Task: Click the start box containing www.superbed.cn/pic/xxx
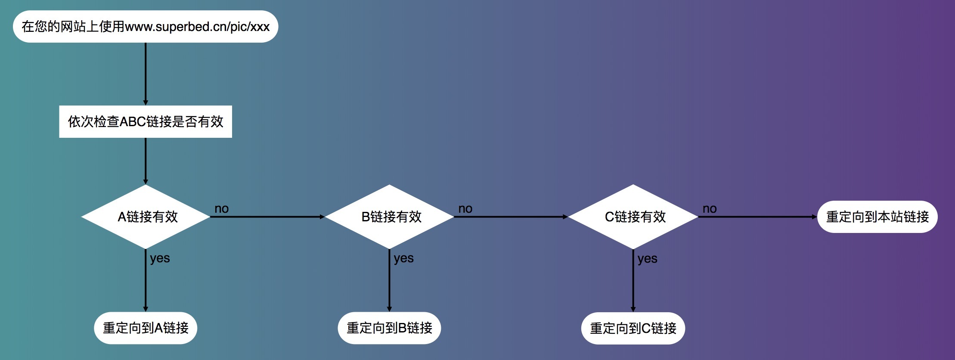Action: (x=146, y=27)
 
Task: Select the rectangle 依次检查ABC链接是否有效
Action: (x=146, y=121)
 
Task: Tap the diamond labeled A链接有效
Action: (x=146, y=217)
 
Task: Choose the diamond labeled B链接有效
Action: (x=389, y=217)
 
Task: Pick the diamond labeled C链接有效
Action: (x=633, y=217)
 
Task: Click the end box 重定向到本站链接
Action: (x=877, y=217)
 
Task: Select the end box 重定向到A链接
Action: (x=146, y=328)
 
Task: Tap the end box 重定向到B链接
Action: (x=389, y=328)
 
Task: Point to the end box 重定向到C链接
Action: (x=633, y=328)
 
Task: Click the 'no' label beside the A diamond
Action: (x=222, y=209)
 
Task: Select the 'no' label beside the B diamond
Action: (x=465, y=209)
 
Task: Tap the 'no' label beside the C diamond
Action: (x=710, y=209)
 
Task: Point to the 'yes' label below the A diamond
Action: (x=160, y=258)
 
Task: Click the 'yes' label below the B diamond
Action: (x=403, y=258)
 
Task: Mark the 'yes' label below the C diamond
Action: (x=647, y=259)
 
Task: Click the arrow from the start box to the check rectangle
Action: (x=146, y=73)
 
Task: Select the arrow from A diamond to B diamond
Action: (x=267, y=217)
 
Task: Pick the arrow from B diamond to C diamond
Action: (x=511, y=217)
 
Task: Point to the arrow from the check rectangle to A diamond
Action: (x=146, y=161)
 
